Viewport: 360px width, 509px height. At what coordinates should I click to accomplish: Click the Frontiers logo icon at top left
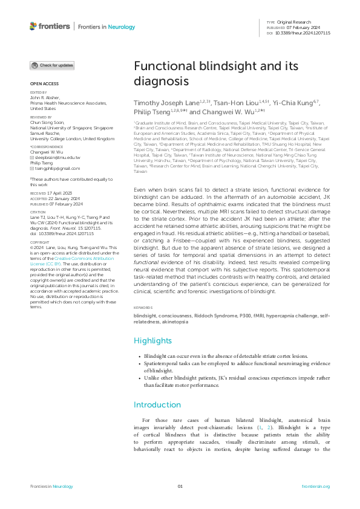coord(33,26)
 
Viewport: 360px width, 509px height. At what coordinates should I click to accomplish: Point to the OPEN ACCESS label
coord(44,83)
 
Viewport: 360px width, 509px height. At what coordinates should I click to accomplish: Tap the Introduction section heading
coord(157,405)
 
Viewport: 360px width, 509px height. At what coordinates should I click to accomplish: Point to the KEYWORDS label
coord(143,308)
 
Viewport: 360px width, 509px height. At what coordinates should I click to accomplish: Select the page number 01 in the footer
coord(180,487)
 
